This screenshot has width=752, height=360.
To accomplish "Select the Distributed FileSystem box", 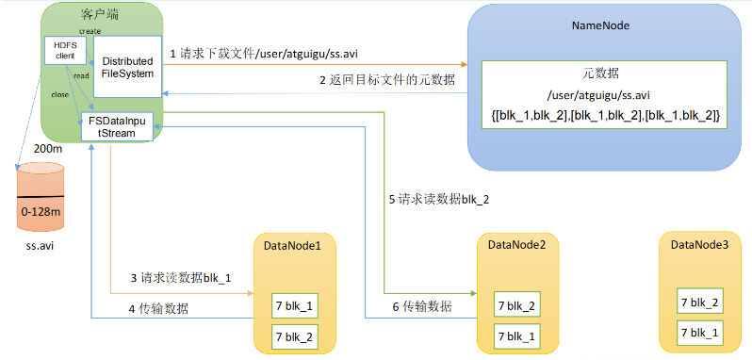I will pos(127,68).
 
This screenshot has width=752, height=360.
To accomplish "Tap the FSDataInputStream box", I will pos(119,126).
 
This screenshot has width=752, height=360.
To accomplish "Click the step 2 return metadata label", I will pos(386,80).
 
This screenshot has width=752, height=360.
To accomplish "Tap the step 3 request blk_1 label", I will pos(181,278).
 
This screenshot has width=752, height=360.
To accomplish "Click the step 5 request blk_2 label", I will pos(439,200).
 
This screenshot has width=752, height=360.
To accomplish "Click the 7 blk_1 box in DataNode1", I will pos(293,306).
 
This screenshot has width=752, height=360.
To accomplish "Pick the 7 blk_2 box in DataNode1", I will pos(293,335).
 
